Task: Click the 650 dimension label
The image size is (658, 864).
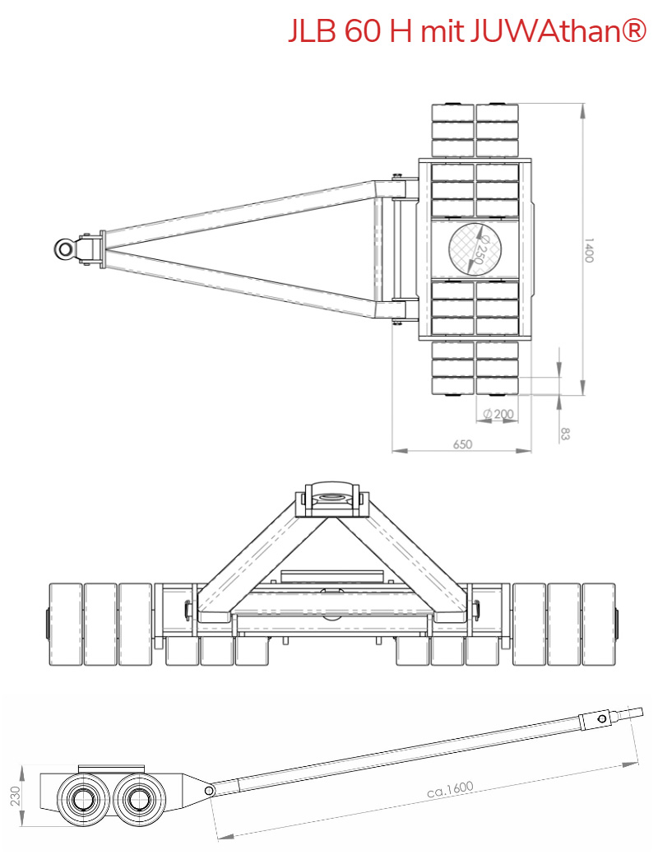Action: pos(462,444)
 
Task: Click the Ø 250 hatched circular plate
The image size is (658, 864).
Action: pos(476,248)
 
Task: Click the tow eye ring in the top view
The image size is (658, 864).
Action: pos(65,248)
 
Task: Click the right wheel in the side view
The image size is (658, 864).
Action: pos(135,797)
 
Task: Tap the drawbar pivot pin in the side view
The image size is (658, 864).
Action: pos(210,790)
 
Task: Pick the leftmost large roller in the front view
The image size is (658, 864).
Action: pos(65,624)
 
